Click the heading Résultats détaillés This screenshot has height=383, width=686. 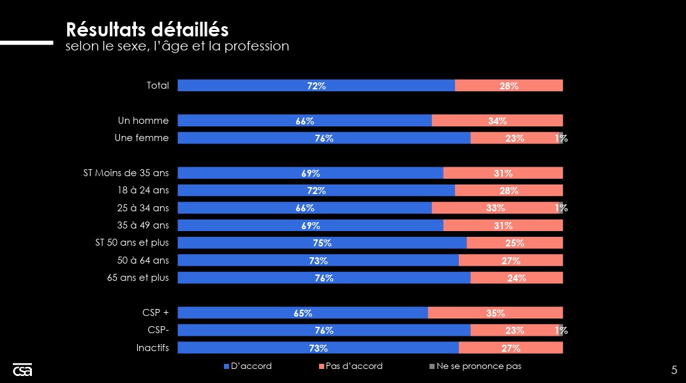[x=147, y=29]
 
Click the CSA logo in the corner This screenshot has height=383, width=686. [x=22, y=370]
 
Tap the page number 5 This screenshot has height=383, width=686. [x=674, y=370]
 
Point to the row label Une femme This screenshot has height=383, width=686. [x=142, y=138]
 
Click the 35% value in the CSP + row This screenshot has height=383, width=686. [x=495, y=313]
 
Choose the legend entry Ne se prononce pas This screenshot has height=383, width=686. [x=479, y=366]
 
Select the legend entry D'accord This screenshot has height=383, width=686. [x=251, y=366]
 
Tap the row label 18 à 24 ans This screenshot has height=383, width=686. [x=144, y=190]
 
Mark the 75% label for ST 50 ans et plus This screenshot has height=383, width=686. [x=322, y=243]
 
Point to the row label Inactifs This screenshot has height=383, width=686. [x=153, y=348]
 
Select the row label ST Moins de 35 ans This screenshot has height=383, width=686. [x=126, y=173]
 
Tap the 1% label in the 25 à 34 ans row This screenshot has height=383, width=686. [x=561, y=207]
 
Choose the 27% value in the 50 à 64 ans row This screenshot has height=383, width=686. [x=511, y=260]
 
